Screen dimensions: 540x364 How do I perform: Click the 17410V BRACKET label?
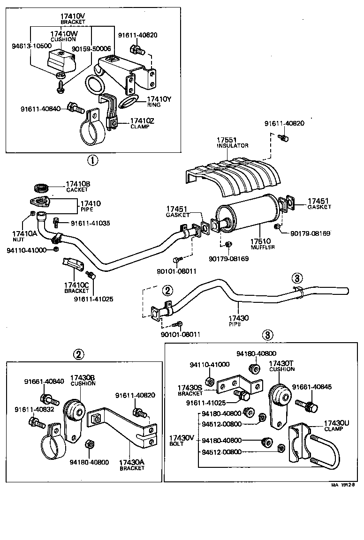pos(73,19)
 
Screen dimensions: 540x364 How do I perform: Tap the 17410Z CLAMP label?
pos(139,124)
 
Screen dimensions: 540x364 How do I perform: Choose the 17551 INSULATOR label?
pos(232,142)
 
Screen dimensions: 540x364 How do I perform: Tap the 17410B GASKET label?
pos(77,187)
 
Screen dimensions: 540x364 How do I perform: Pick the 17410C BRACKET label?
pos(76,287)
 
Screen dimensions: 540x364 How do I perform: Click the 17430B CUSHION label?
pos(83,380)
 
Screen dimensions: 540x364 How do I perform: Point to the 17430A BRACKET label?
pos(131,465)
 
